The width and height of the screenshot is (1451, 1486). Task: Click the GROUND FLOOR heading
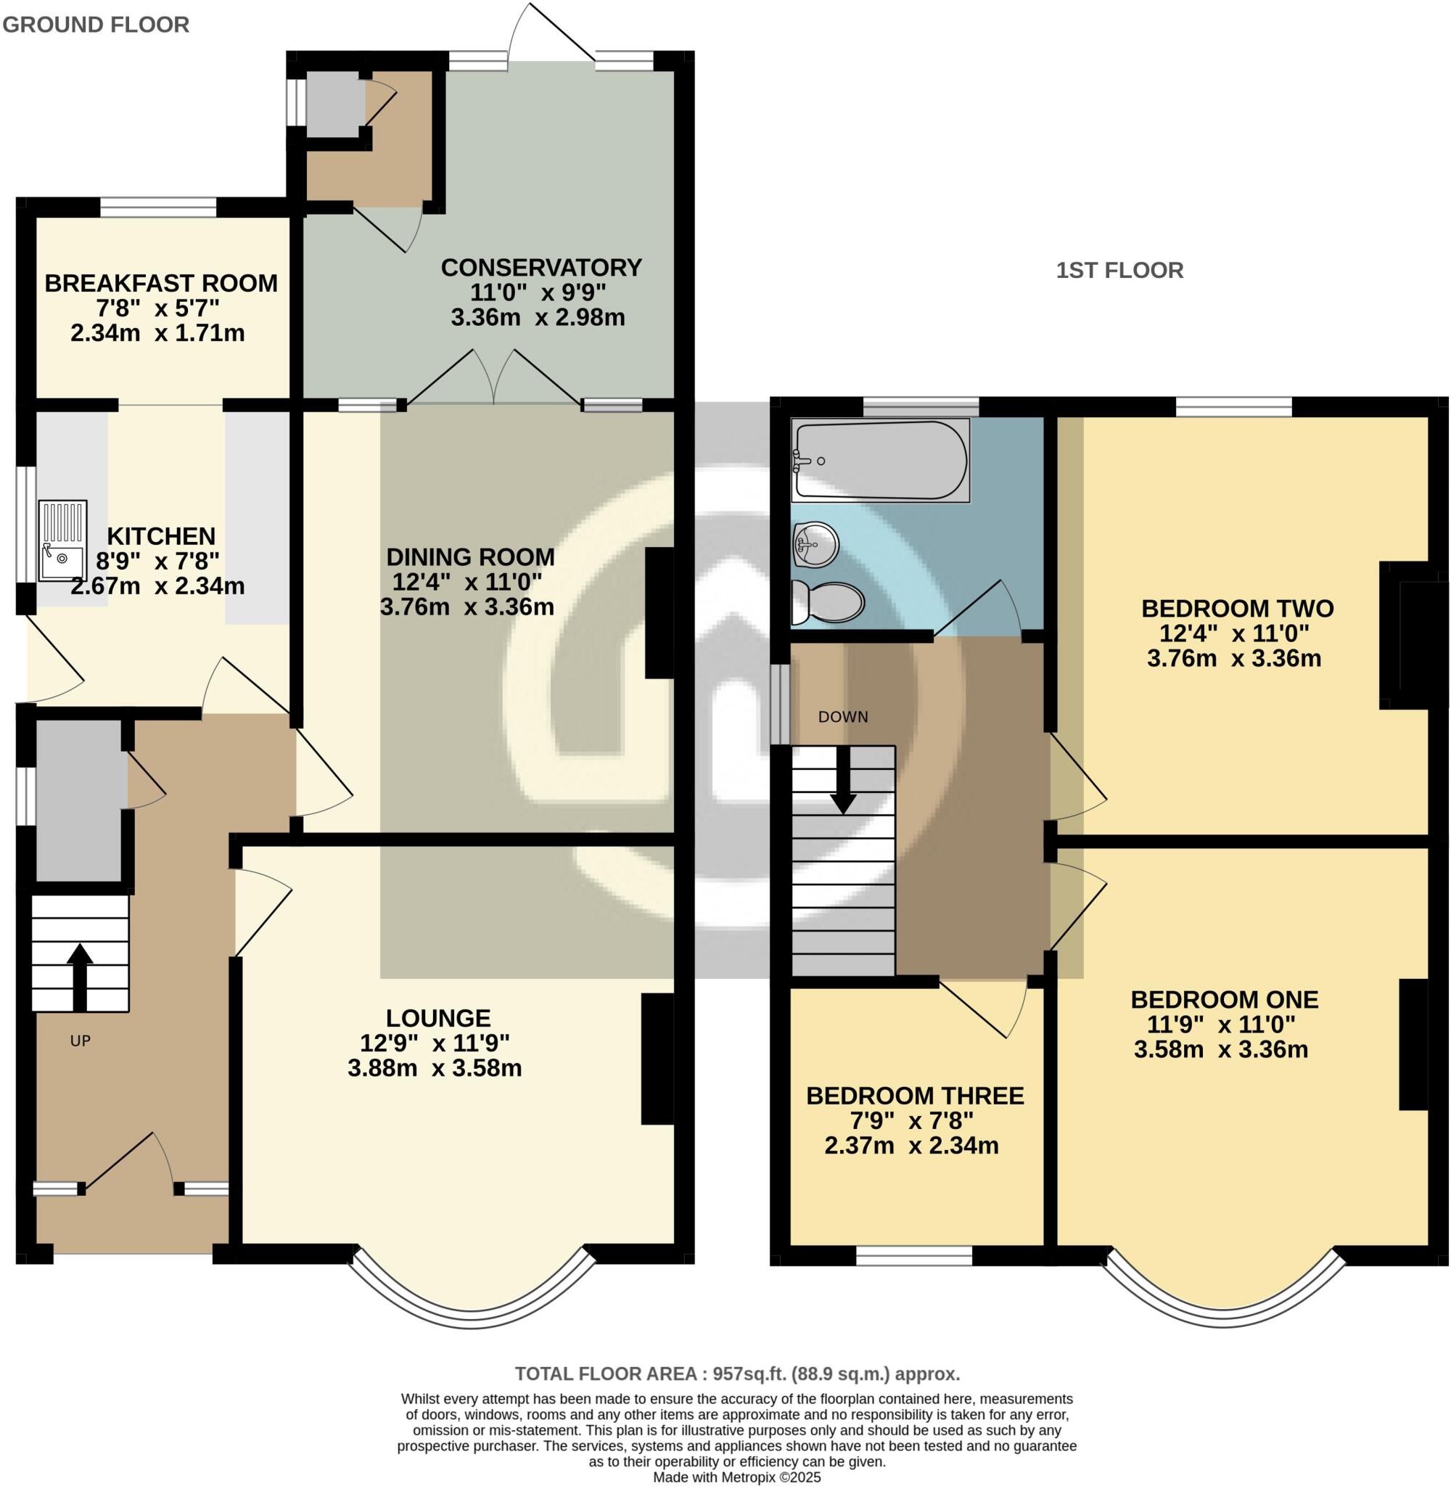click(x=96, y=25)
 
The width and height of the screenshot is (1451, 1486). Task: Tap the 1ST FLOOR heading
click(x=1119, y=271)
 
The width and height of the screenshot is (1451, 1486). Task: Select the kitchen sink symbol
click(x=62, y=541)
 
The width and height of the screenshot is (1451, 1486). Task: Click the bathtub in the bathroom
click(x=880, y=460)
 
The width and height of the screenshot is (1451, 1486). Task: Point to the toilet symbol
click(x=827, y=603)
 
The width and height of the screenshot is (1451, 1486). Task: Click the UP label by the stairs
click(x=80, y=1041)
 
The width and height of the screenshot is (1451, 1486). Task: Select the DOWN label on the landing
click(x=843, y=717)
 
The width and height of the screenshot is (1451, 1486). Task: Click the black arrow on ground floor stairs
click(x=79, y=976)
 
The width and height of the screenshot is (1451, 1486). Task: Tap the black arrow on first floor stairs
click(x=843, y=781)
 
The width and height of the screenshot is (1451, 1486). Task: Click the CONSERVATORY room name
click(x=541, y=268)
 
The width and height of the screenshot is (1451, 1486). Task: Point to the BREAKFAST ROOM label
click(x=161, y=284)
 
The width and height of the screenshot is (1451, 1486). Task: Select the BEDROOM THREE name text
click(x=915, y=1096)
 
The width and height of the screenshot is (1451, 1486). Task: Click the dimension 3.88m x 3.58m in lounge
click(x=435, y=1068)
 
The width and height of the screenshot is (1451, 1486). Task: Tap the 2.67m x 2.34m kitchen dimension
click(x=157, y=586)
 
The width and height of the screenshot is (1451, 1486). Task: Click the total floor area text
click(x=737, y=1374)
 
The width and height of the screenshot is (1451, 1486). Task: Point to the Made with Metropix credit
click(x=737, y=1477)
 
